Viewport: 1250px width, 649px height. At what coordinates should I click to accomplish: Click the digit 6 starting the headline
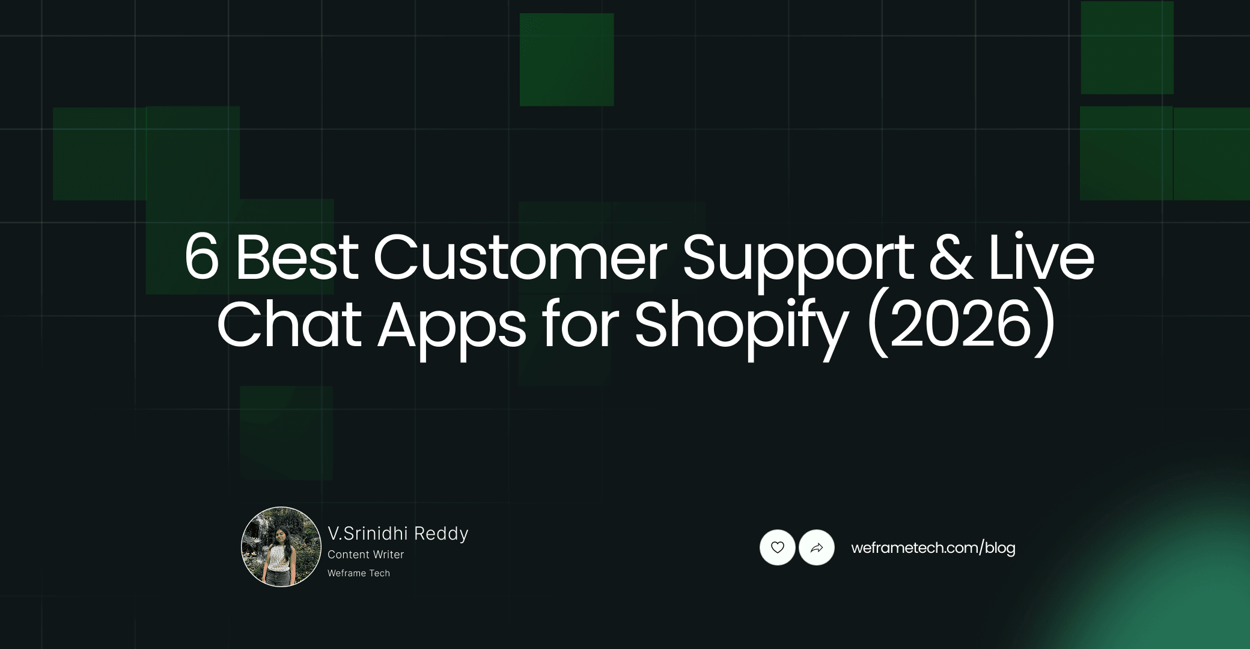pyautogui.click(x=201, y=257)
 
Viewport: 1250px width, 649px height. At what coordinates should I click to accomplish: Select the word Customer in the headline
pyautogui.click(x=520, y=257)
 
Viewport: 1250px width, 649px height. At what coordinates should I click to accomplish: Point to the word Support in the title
pyautogui.click(x=798, y=258)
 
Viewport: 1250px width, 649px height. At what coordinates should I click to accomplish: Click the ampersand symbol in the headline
pyautogui.click(x=951, y=257)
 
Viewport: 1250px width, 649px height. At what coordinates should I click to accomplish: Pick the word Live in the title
pyautogui.click(x=1041, y=257)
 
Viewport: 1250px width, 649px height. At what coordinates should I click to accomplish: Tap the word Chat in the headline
pyautogui.click(x=289, y=324)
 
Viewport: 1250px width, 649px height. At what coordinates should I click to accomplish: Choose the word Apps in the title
pyautogui.click(x=452, y=328)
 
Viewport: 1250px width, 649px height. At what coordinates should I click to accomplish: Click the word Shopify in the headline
pyautogui.click(x=741, y=328)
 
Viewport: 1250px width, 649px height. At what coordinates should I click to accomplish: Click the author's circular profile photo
pyautogui.click(x=281, y=547)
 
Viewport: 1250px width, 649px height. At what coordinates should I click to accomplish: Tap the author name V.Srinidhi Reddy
pyautogui.click(x=398, y=534)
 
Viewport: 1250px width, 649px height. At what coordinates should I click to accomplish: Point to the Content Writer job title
pyautogui.click(x=365, y=555)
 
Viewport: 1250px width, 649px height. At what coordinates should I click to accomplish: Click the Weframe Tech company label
pyautogui.click(x=359, y=573)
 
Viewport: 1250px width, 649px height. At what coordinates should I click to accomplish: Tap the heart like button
pyautogui.click(x=778, y=547)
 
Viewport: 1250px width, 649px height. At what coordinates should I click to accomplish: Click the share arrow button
pyautogui.click(x=817, y=547)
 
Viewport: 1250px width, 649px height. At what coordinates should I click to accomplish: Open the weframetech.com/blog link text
pyautogui.click(x=933, y=548)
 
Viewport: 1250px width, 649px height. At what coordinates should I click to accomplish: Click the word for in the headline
pyautogui.click(x=580, y=324)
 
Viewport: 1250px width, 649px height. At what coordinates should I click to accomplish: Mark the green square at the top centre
pyautogui.click(x=567, y=59)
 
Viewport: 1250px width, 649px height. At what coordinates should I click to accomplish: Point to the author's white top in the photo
pyautogui.click(x=278, y=558)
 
